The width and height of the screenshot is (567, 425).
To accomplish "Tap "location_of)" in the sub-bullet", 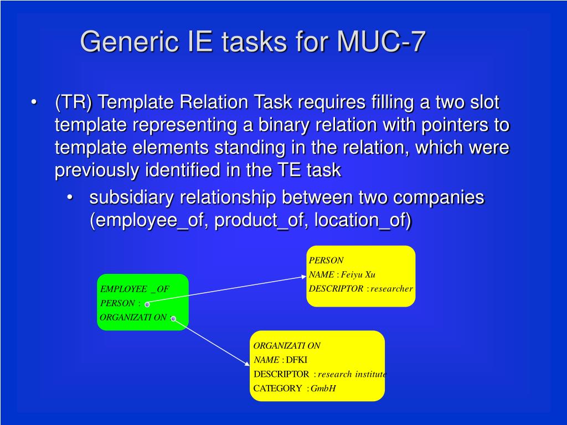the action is pos(363,220).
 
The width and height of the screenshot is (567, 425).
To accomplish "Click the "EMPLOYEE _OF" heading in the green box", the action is pos(134,289).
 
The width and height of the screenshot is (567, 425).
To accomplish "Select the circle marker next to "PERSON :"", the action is pos(147,304).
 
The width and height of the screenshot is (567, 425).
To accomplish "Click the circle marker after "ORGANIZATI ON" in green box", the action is pos(173,318).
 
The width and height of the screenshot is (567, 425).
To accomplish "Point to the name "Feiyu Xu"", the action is pos(358,274).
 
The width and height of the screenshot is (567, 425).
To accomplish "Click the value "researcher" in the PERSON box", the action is pos(391,289).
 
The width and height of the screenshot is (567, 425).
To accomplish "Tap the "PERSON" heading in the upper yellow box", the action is pos(326,260).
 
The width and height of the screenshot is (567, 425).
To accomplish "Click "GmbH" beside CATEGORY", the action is pos(323,388).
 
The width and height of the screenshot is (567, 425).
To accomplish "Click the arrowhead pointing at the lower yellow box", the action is pos(247,363).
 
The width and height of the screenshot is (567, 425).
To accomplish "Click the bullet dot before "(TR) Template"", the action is pos(35,103).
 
